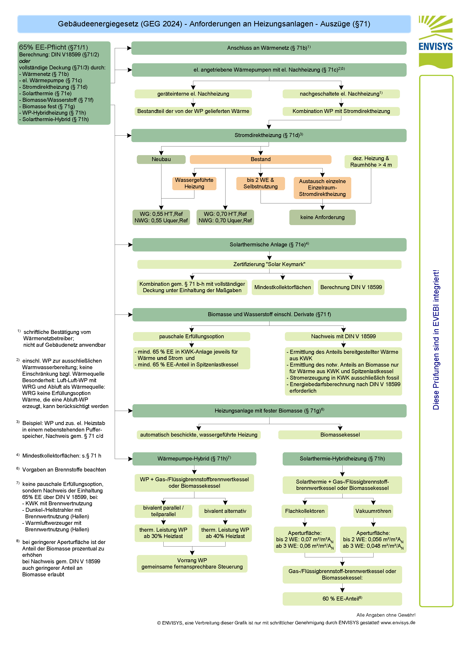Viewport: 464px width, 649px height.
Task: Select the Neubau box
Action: tap(161, 159)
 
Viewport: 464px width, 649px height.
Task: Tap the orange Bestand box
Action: tap(260, 159)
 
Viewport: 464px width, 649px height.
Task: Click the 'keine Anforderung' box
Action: tap(322, 217)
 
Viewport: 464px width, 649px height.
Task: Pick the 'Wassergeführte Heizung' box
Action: tap(194, 183)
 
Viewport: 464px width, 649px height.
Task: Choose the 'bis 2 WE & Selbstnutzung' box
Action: tap(260, 183)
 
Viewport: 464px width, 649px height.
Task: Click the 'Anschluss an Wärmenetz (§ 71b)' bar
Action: tap(269, 48)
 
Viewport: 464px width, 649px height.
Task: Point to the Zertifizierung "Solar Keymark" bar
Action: tap(269, 264)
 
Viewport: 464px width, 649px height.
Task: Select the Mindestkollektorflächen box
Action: tap(282, 287)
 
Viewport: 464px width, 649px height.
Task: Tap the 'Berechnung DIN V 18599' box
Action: tap(351, 287)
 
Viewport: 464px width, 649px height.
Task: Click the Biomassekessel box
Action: tap(340, 435)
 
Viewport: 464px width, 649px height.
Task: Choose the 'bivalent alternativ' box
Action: tap(225, 511)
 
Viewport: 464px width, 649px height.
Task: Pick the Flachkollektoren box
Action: tap(305, 511)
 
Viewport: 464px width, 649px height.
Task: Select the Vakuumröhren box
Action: tap(373, 511)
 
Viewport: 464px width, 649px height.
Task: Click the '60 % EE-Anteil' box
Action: tap(342, 599)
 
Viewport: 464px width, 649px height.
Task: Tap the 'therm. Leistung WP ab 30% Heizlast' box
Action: tap(163, 533)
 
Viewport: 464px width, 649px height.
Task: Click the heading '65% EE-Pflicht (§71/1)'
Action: tap(53, 47)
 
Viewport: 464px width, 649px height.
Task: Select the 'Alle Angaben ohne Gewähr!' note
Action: tap(386, 615)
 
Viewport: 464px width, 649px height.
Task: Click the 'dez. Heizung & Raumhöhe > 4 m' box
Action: tap(371, 162)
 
